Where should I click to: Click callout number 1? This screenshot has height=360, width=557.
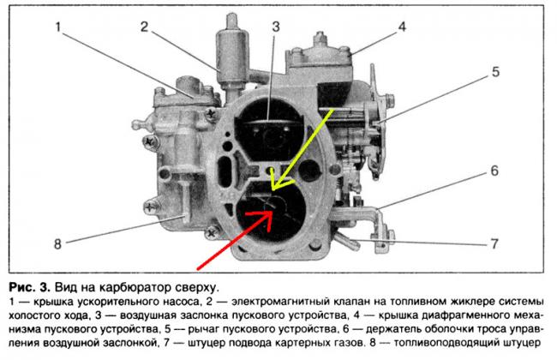pos(58,27)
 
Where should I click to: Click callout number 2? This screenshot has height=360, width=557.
pos(144,27)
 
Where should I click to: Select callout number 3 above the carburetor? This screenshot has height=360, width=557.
pos(276,27)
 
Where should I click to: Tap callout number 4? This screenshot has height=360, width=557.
pos(402,27)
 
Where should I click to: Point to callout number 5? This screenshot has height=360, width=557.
pos(495,72)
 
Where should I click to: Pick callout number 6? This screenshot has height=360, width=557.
pos(494,171)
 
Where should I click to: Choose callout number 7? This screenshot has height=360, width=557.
pos(494,243)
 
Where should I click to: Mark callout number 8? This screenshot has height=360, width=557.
pos(57,244)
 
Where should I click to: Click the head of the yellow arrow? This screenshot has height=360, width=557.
pos(273,189)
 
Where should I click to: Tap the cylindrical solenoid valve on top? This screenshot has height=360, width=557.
pos(232,57)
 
